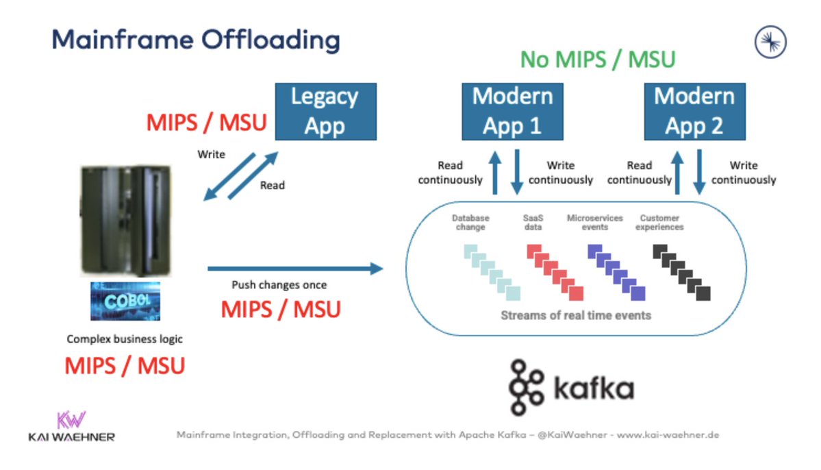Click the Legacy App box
325,112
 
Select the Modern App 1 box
512,112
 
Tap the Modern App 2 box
694,112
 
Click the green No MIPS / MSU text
598,60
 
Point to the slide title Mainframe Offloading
196,40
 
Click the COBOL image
125,301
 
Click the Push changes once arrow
294,269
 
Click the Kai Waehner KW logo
71,420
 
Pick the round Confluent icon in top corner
770,42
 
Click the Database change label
470,223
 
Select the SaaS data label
532,223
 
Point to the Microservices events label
594,223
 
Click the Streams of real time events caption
575,316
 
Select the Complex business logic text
125,339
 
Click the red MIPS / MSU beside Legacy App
206,124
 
